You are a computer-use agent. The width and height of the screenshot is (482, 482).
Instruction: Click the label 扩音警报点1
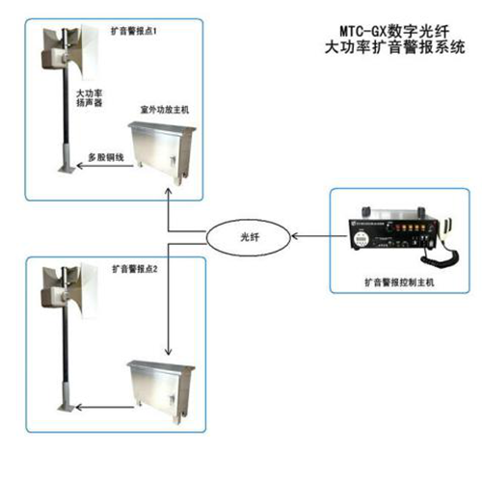pos(134,31)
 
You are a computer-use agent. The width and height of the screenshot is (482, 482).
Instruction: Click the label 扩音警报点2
pos(135,269)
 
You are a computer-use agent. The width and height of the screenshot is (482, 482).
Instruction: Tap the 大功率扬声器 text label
pos(90,98)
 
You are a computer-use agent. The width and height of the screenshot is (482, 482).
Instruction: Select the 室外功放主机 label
pos(165,110)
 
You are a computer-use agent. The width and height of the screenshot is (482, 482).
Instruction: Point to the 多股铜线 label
pos(106,157)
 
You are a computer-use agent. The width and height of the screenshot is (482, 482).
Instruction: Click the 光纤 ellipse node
pos(248,237)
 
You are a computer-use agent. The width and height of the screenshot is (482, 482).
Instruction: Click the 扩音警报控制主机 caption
pos(399,282)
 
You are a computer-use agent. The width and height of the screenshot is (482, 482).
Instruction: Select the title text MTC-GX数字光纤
pos(394,31)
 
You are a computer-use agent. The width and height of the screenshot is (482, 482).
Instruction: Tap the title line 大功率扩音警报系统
pos(394,47)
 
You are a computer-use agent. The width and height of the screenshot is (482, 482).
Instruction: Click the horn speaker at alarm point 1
pos(70,51)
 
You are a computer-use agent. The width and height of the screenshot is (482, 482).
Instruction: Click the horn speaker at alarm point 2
pos(70,289)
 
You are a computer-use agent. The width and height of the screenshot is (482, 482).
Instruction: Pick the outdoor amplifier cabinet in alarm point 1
pos(162,152)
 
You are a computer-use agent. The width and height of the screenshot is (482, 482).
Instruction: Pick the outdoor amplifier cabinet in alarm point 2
pos(161,391)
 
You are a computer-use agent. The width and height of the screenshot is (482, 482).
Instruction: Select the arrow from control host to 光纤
pos(319,236)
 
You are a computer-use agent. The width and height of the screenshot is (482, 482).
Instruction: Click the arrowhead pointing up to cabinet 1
pos(168,192)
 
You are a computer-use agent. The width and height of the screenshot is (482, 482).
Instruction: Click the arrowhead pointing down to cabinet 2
pos(169,352)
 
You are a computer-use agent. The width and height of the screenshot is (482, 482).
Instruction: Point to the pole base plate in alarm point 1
pos(67,169)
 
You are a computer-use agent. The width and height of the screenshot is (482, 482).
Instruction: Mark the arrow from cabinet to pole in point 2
pos(104,408)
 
